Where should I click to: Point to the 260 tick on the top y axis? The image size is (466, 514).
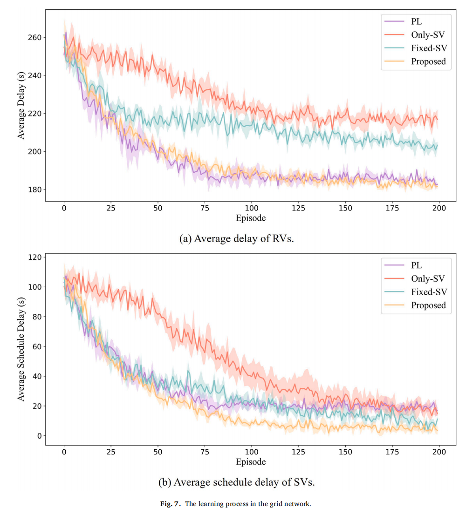point(35,37)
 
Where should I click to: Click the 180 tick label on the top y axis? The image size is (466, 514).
point(35,189)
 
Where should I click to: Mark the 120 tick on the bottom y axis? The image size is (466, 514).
point(35,257)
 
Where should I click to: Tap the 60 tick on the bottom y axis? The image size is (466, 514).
point(37,346)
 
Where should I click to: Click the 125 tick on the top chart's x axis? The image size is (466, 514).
point(299,208)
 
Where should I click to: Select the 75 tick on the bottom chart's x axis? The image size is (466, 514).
point(205,452)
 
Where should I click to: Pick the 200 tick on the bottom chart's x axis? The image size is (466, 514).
point(439,452)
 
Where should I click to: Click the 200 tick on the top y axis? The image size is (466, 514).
point(35,151)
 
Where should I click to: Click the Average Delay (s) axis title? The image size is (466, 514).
point(21,106)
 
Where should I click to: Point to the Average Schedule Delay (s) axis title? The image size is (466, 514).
point(21,349)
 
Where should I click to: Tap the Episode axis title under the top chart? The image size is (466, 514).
point(251,218)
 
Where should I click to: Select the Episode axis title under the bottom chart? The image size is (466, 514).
point(251,462)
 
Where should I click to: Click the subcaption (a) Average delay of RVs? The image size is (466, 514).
point(236,239)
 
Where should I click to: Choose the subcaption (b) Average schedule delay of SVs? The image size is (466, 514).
point(236,482)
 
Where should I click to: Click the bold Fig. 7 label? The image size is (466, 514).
point(170,504)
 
